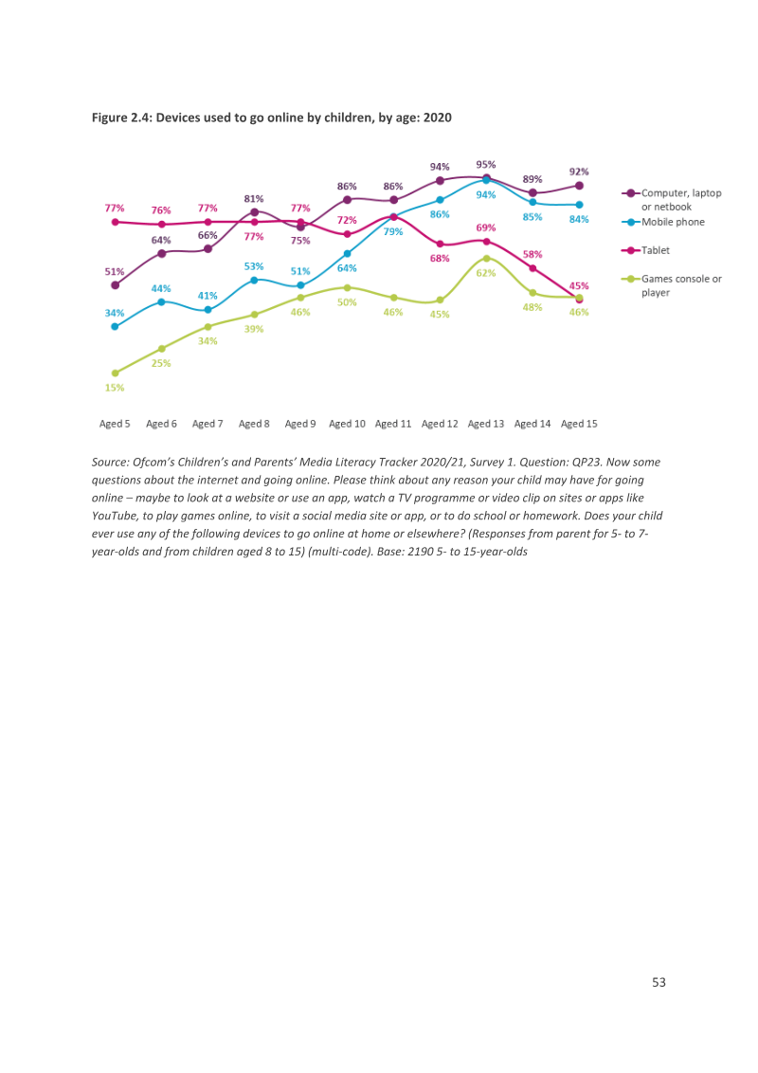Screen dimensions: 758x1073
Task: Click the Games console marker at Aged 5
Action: (x=115, y=373)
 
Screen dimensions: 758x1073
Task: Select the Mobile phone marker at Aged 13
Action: (x=486, y=180)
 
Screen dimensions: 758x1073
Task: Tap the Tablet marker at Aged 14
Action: (x=532, y=268)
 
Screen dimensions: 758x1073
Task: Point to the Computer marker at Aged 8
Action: (x=255, y=212)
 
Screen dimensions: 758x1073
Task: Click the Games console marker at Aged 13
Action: (x=486, y=258)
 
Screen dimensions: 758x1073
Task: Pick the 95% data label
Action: (x=486, y=165)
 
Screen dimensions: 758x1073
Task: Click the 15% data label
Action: (x=115, y=388)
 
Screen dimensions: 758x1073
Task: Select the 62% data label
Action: (x=486, y=273)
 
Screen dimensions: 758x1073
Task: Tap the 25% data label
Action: (x=161, y=363)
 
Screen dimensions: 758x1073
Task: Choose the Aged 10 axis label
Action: (x=347, y=424)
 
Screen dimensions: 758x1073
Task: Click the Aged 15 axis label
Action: (x=579, y=424)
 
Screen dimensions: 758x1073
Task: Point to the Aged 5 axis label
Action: (x=115, y=424)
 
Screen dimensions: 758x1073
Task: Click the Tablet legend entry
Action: (x=646, y=250)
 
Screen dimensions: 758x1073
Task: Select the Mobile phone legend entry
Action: (x=663, y=222)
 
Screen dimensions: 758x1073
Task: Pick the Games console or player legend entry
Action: (x=672, y=285)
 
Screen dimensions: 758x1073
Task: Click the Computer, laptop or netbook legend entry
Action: (x=672, y=200)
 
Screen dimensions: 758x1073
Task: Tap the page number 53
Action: (x=659, y=982)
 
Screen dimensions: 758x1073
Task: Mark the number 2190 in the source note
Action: (x=420, y=552)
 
